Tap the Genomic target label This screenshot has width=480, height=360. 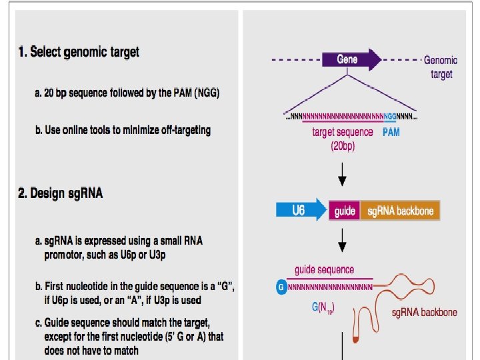point(441,67)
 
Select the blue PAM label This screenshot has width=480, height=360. point(391,133)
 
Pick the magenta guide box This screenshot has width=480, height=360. point(345,211)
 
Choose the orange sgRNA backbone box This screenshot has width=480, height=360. point(400,211)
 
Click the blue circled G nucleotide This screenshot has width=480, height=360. point(281,287)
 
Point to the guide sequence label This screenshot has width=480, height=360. point(325,270)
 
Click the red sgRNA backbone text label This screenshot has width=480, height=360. point(425,312)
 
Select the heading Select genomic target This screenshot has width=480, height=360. point(79,52)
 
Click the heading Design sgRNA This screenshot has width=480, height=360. point(61,193)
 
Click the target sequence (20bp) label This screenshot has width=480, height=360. point(343,139)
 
